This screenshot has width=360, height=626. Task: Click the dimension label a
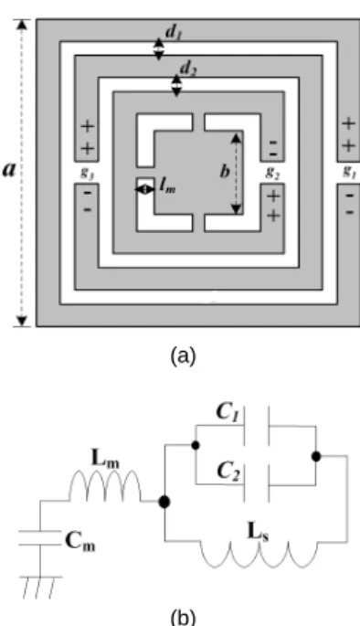click(9, 169)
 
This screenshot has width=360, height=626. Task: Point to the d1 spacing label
click(174, 33)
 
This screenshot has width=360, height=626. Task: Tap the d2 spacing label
click(188, 69)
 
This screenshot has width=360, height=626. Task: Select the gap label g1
click(350, 171)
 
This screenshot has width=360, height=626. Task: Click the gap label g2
click(272, 172)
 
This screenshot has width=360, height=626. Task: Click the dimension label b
click(225, 171)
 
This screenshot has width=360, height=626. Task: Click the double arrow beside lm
click(144, 189)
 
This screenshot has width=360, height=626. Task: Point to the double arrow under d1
click(159, 49)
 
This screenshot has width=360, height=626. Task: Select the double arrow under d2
click(176, 85)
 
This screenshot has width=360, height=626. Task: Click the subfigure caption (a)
click(183, 355)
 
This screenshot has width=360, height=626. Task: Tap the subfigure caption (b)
click(183, 617)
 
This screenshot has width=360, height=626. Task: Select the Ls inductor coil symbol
click(259, 554)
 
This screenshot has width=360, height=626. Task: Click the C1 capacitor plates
click(257, 426)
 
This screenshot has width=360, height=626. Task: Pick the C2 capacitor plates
click(257, 483)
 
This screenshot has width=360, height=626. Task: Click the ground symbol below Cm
click(40, 588)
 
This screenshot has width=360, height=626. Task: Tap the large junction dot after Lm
click(164, 502)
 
